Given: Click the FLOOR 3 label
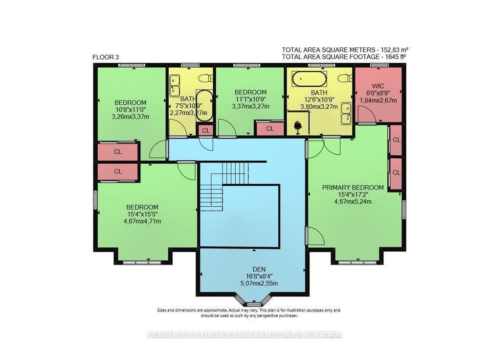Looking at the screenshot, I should tap(106, 57).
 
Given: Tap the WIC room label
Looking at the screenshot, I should tap(378, 86).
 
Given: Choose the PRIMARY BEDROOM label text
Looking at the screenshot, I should tap(353, 187).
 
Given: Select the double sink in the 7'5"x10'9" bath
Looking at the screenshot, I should tap(175, 85).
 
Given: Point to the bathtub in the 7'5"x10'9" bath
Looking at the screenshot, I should tap(204, 105).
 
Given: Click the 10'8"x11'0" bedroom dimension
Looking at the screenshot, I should tap(131, 110).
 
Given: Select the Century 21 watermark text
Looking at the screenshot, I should tap(244, 335).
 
